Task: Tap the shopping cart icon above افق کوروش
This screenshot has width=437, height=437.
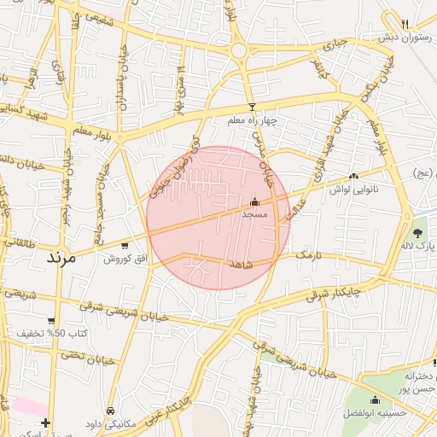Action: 114,245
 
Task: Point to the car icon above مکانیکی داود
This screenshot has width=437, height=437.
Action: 112,411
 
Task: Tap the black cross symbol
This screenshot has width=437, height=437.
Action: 45,422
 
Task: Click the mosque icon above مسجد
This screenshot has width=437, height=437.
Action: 255,202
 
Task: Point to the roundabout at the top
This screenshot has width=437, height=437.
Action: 239,50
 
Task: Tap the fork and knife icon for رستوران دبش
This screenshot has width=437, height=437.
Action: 405,24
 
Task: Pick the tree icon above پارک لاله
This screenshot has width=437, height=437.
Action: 418,232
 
